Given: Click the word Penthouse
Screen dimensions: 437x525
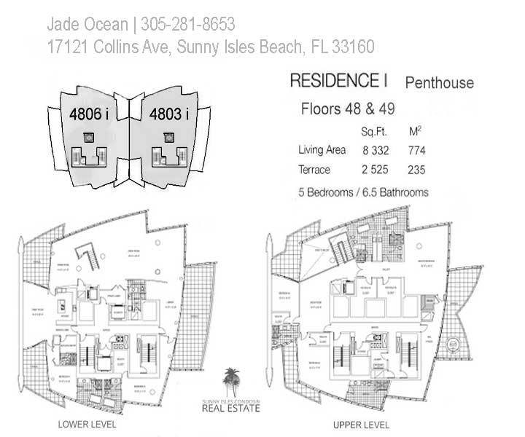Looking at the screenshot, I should click(x=439, y=82).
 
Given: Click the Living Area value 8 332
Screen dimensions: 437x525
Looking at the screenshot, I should click(x=376, y=151).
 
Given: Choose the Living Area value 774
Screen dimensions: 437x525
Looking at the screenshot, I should click(x=417, y=151).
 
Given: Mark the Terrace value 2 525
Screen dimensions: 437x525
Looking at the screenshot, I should click(x=376, y=170).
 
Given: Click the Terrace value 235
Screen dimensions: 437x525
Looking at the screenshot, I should click(x=417, y=170).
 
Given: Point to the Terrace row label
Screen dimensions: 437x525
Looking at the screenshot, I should click(x=314, y=170).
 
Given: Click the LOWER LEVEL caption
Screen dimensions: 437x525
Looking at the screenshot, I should click(x=87, y=424).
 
